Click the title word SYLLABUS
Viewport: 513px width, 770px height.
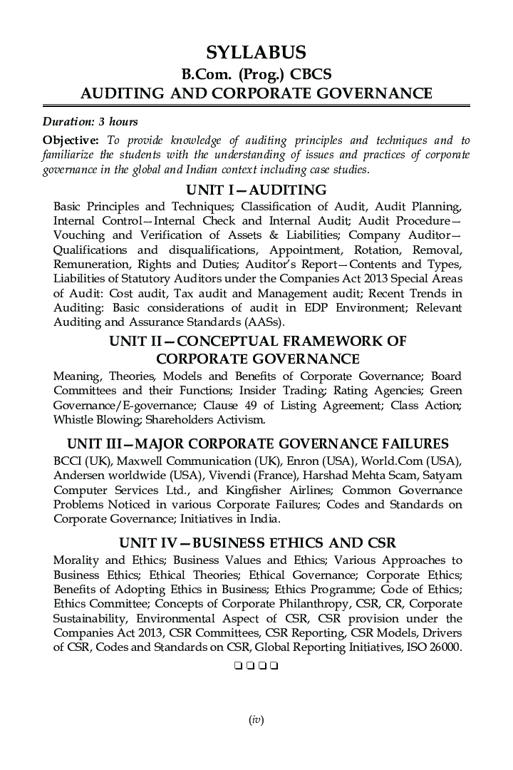(256, 52)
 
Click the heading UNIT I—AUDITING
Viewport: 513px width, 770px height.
(256, 190)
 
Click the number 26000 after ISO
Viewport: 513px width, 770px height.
(445, 648)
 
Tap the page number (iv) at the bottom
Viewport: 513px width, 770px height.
(256, 721)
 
